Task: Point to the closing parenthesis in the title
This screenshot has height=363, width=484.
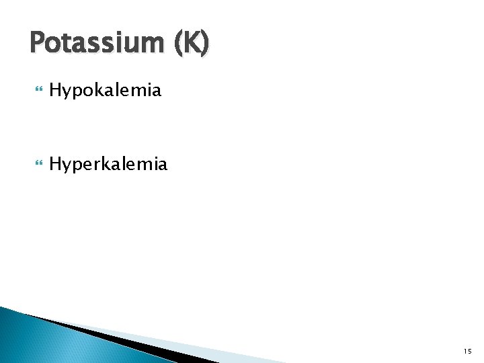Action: coord(204,45)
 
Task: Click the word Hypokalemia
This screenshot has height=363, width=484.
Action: coord(105,90)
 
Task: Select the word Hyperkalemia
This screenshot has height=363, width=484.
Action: coord(108,163)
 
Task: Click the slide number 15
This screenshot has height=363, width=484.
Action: coord(467,350)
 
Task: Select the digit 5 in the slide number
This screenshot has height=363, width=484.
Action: coord(470,350)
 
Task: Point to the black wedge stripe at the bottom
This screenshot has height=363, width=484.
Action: coord(134,343)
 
